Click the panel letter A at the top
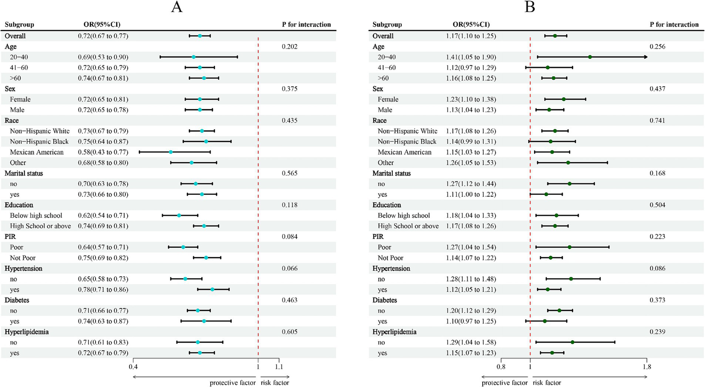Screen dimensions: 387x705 coord(176,7)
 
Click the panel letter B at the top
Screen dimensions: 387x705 coord(530,7)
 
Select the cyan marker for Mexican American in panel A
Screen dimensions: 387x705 coord(170,152)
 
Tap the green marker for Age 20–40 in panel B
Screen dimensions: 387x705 coord(590,57)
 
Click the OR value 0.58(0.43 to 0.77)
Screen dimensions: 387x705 coord(103,152)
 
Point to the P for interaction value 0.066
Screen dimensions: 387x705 coord(289,268)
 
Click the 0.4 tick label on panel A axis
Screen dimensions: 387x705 coord(133,367)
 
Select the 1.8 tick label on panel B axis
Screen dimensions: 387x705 coord(647,367)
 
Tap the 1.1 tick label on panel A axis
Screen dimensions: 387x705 coord(279,367)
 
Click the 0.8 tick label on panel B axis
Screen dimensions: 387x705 coord(501,367)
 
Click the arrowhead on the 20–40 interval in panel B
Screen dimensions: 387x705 coord(646,57)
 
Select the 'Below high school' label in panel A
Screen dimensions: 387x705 coord(36,216)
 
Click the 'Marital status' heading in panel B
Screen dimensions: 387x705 coord(391,173)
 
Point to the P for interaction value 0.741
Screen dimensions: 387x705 coord(657,120)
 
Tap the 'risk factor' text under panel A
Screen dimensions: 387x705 coord(275,383)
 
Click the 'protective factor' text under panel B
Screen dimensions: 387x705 coord(504,383)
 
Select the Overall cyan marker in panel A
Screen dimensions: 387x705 coord(200,36)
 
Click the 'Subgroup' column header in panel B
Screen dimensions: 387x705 coord(387,24)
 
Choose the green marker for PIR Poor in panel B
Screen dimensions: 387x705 coord(570,247)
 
